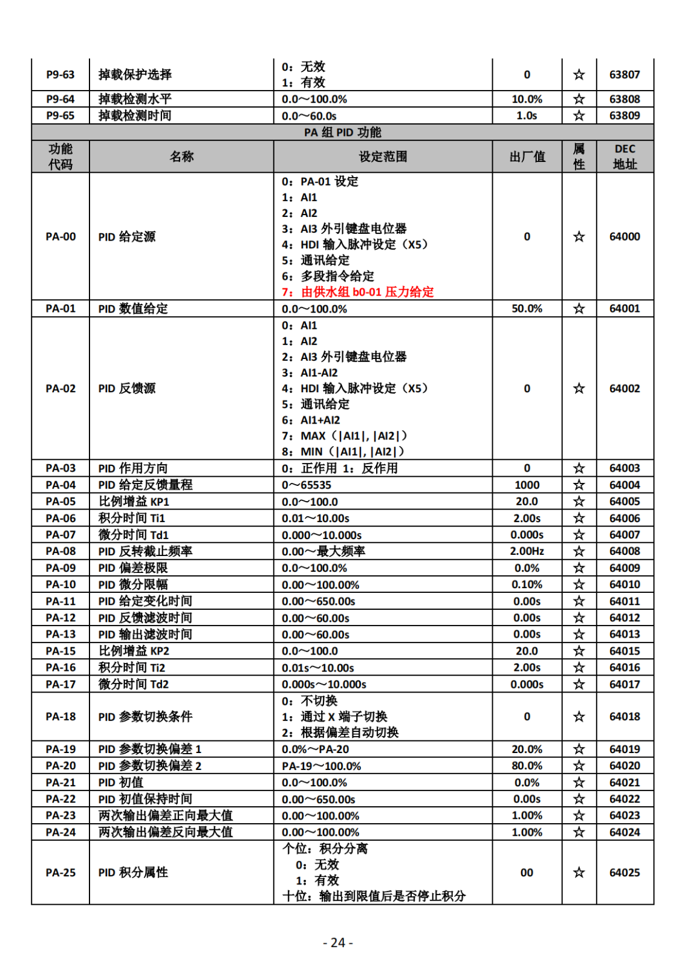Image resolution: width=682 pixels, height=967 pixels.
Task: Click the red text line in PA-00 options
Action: [358, 292]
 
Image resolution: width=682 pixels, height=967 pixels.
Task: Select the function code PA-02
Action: [60, 388]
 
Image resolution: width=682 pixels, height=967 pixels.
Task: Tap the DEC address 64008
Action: [625, 551]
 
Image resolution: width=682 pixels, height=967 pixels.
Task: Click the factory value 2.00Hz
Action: [527, 551]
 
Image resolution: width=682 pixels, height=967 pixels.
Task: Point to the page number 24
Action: [338, 943]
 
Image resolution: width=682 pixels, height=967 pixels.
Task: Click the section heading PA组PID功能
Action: [342, 132]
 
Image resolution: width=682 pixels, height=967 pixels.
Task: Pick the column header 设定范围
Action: [383, 157]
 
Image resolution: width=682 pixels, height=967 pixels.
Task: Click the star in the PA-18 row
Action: [579, 717]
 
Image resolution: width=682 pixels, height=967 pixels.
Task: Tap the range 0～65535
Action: [307, 485]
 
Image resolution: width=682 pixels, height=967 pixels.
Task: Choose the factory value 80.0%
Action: [527, 766]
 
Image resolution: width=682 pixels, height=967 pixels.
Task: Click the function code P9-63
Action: [60, 74]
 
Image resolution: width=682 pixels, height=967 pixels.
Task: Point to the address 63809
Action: [625, 115]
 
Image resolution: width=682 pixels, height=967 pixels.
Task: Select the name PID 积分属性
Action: [133, 873]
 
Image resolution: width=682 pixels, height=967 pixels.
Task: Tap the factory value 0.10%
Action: [527, 584]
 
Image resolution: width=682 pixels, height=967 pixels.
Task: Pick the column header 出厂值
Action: [527, 157]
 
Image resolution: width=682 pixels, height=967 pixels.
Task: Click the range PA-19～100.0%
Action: [321, 766]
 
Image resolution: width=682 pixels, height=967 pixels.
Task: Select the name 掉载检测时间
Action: [135, 115]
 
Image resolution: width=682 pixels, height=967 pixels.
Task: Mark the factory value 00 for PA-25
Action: [527, 873]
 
